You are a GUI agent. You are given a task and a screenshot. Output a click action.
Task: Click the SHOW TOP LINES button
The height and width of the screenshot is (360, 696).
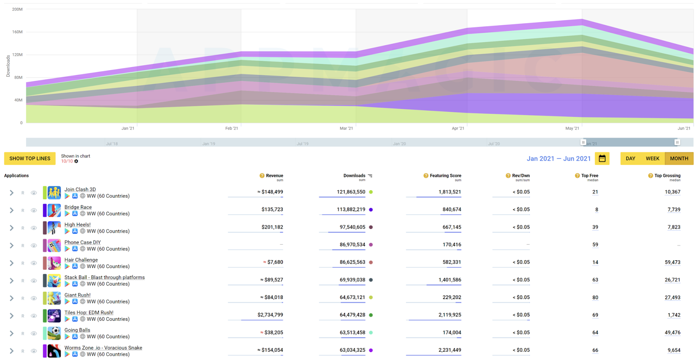30,158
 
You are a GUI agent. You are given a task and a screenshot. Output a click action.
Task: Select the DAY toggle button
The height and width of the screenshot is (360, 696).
630,158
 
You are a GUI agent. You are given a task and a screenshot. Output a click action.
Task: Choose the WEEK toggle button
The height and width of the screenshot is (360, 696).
652,158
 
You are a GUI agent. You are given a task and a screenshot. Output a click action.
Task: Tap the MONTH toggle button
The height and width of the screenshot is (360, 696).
679,158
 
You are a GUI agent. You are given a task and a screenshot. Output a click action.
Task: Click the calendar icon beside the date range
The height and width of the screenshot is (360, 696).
602,158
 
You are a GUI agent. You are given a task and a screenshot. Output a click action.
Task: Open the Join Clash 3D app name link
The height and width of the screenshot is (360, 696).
80,189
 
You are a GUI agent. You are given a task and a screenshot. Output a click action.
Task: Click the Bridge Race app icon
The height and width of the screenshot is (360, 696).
54,210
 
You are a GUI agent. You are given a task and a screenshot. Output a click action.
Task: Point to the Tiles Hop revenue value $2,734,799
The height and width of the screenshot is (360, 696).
270,315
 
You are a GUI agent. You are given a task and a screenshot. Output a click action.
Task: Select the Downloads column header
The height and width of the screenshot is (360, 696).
354,176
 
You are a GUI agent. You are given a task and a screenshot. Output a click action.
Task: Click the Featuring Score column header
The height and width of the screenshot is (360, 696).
445,176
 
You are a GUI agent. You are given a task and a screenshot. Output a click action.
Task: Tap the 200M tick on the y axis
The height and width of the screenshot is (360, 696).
17,9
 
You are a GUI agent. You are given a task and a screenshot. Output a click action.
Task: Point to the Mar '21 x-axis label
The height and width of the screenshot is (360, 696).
346,128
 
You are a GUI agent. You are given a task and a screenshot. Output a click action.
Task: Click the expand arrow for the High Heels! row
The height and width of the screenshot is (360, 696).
12,228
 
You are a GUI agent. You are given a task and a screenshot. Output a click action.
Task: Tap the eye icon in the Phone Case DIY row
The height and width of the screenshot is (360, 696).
33,246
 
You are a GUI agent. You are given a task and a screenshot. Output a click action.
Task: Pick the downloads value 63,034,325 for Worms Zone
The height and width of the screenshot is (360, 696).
352,350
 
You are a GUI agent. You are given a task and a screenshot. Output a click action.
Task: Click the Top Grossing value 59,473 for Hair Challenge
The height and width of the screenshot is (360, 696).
673,262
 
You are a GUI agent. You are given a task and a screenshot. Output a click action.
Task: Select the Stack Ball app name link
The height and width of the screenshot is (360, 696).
104,277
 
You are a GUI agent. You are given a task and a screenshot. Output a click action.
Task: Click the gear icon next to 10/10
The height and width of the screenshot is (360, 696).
76,161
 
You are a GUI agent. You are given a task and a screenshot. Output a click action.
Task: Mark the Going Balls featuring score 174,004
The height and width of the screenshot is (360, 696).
452,333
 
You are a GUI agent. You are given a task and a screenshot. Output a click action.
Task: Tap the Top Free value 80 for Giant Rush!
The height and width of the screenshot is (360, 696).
595,298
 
